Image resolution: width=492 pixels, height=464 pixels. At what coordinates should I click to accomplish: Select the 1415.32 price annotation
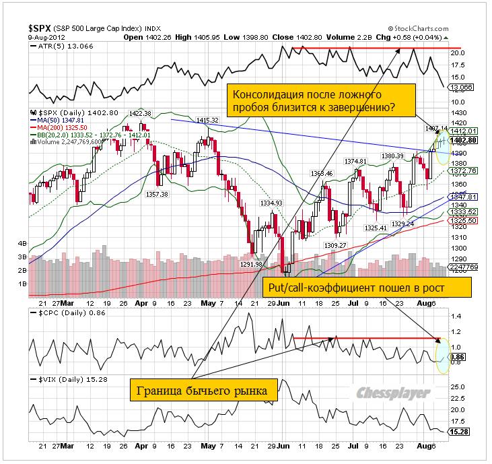click(207, 120)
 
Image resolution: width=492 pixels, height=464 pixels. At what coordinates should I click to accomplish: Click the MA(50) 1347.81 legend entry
click(59, 119)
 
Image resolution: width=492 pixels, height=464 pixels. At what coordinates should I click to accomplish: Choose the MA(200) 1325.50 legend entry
click(60, 127)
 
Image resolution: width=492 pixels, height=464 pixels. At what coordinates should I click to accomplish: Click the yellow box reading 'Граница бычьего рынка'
click(197, 391)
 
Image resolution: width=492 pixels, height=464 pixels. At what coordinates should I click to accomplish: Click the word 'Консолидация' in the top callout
click(268, 94)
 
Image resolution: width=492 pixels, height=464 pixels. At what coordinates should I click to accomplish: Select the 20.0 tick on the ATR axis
click(456, 51)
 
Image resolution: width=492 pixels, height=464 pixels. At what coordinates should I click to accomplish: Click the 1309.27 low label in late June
click(335, 245)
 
